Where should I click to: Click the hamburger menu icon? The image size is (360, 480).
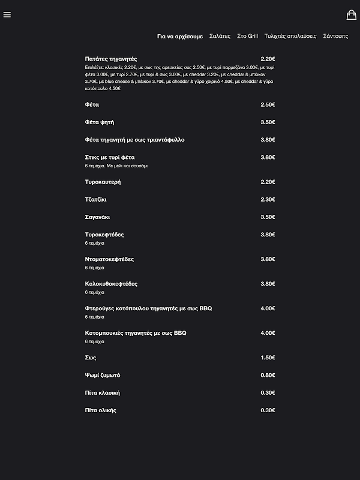[7, 15]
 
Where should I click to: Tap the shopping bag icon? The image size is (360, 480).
[352, 15]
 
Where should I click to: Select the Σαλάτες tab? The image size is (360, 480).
[220, 37]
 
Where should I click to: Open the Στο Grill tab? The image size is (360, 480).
[247, 37]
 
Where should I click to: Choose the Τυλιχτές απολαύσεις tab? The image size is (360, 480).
[290, 37]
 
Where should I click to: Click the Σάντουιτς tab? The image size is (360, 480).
[335, 37]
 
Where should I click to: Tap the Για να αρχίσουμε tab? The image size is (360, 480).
[180, 37]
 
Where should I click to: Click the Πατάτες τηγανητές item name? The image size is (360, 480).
[111, 59]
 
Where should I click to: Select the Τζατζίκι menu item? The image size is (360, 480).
[96, 199]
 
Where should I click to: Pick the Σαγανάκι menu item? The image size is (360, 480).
[97, 217]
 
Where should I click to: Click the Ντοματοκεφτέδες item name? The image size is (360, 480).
[109, 259]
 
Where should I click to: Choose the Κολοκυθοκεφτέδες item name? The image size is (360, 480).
[112, 284]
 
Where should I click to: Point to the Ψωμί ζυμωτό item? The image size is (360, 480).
[103, 375]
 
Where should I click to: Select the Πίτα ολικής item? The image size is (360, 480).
[101, 410]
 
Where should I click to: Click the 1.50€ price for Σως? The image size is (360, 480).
[268, 358]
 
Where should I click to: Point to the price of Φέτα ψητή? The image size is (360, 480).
[268, 122]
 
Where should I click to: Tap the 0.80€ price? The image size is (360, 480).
[268, 375]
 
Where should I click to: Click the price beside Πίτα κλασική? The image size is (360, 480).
[268, 393]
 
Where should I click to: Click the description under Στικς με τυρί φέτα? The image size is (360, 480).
[116, 166]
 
